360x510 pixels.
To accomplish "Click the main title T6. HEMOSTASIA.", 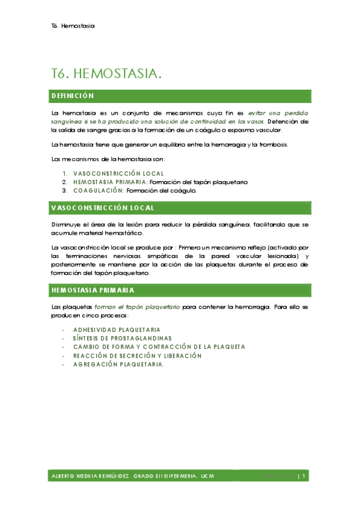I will tap(107, 74).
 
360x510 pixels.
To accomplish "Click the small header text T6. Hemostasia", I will tap(75, 26).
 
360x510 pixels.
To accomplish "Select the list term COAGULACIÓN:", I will tap(99, 190).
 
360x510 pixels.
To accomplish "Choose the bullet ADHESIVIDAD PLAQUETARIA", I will tap(117, 330).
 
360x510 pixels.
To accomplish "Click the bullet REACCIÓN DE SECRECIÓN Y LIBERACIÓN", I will tap(137, 355).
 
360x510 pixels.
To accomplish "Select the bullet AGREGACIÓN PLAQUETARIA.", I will tap(118, 364).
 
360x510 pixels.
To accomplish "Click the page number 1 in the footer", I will tap(305, 476).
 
